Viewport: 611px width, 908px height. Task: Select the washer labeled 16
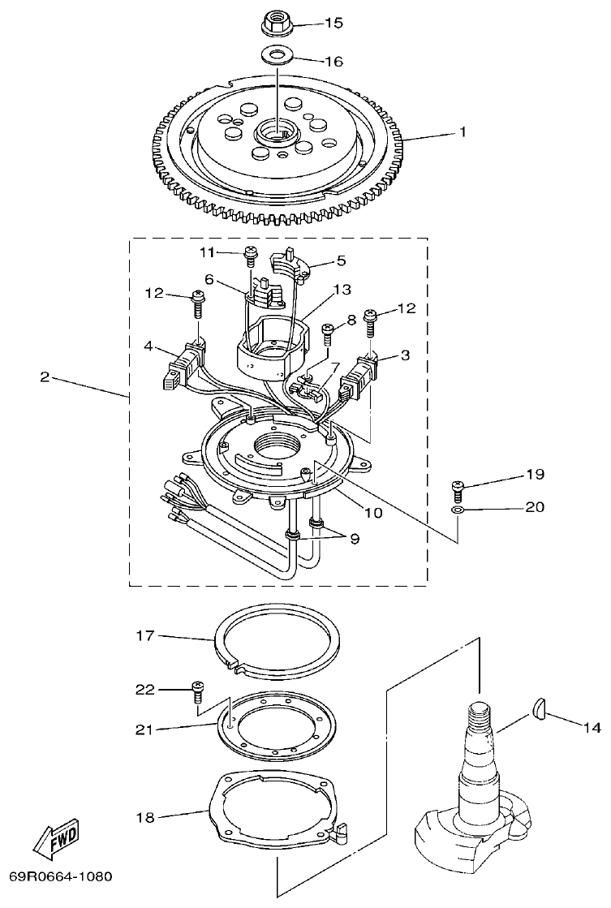pyautogui.click(x=278, y=56)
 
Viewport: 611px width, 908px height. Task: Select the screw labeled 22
pyautogui.click(x=196, y=691)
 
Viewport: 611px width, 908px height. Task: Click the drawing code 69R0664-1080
pyautogui.click(x=61, y=878)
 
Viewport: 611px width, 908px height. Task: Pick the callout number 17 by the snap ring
pyautogui.click(x=144, y=637)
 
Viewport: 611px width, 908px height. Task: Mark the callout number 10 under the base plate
pyautogui.click(x=372, y=512)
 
